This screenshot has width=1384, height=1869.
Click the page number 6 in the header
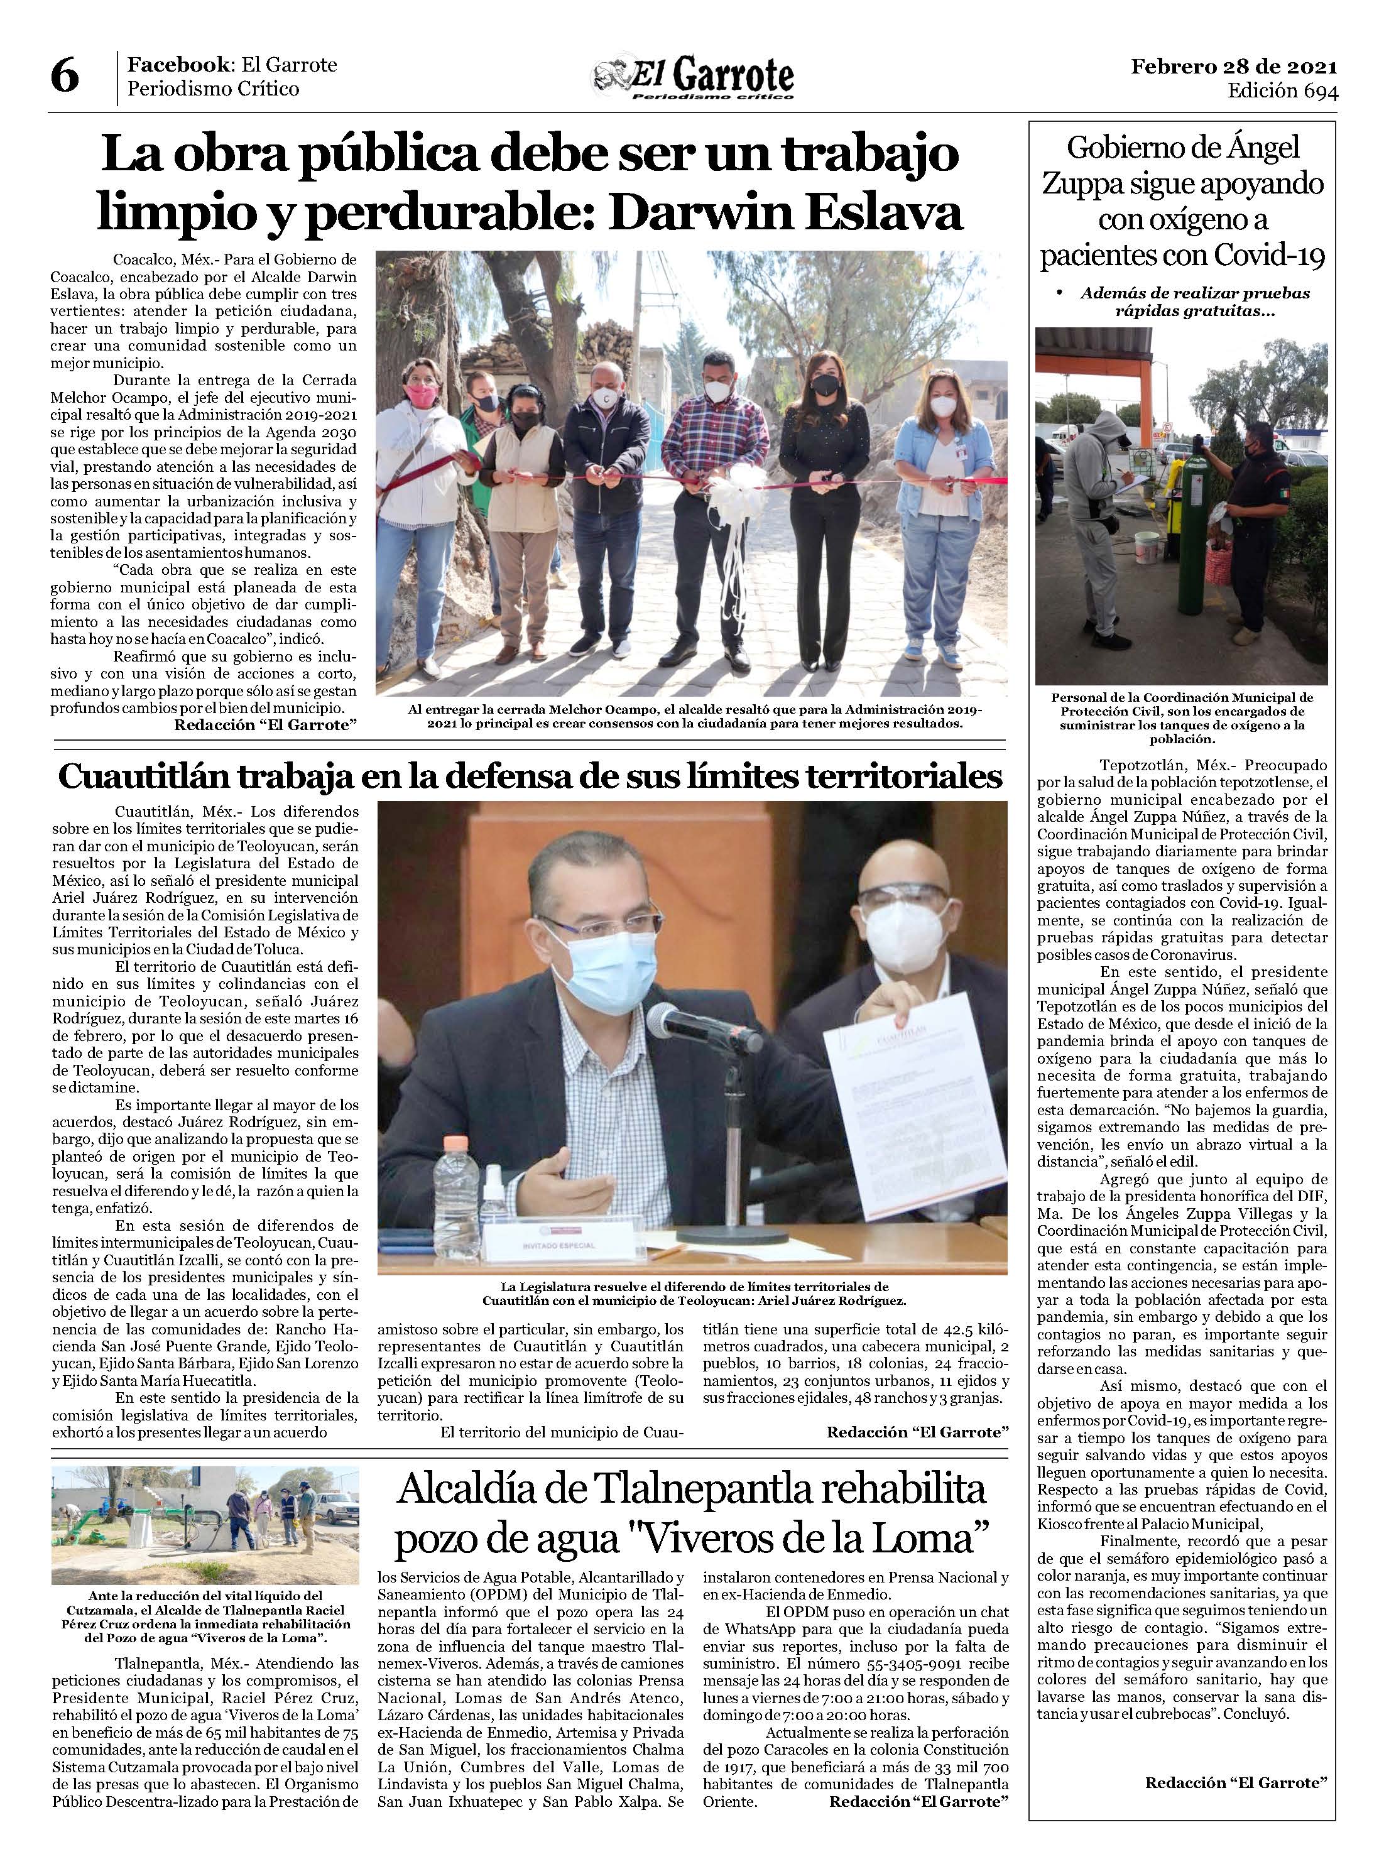coord(65,77)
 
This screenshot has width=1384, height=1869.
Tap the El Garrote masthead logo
coord(693,80)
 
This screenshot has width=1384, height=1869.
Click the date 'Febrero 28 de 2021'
coord(1233,66)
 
